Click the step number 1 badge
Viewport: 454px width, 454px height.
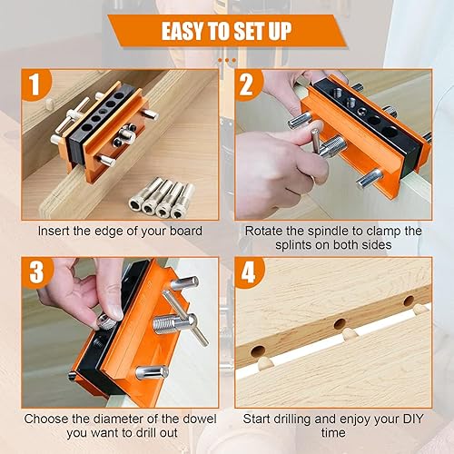35,84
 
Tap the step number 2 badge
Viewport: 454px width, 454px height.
247,84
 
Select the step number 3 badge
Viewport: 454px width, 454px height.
37,272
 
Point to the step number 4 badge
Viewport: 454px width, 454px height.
249,272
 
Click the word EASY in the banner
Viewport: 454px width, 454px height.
182,31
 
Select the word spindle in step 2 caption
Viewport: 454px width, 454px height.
331,232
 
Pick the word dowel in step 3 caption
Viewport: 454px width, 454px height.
199,419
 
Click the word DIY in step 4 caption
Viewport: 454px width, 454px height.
411,419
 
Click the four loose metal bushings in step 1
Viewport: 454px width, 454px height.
162,197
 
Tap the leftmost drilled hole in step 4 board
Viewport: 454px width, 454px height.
258,351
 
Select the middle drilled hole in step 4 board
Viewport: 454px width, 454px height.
340,324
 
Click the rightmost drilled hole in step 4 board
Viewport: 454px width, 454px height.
409,301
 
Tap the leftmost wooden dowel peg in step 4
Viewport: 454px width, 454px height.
266,363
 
